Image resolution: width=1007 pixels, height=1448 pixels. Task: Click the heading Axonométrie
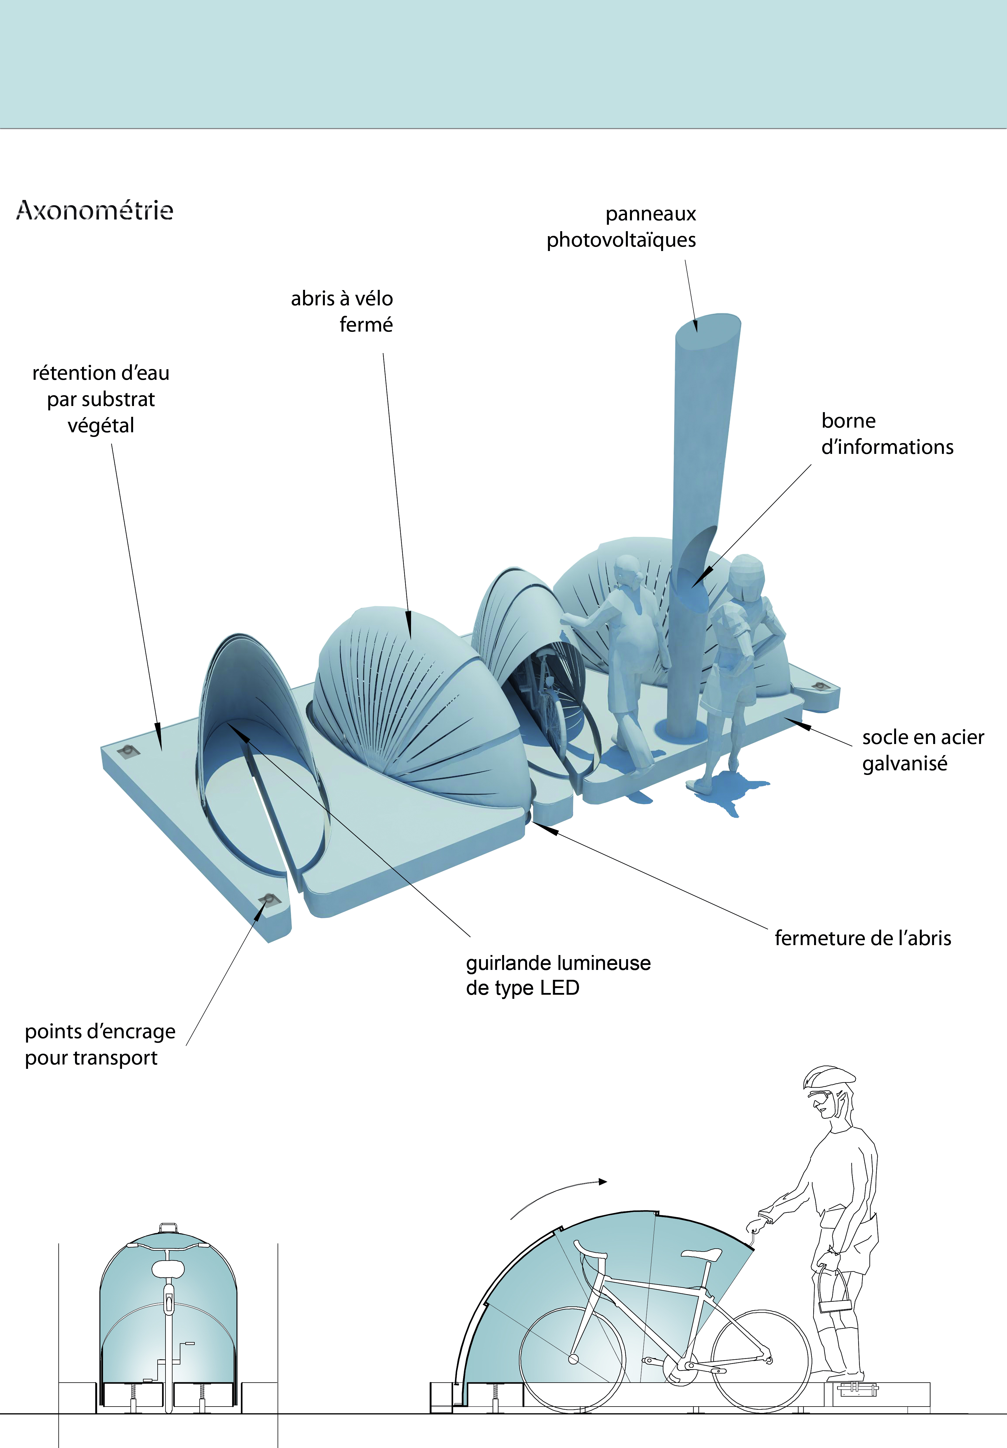(95, 210)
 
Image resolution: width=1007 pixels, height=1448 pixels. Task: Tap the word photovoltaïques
(621, 240)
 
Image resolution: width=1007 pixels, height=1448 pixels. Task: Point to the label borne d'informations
(886, 434)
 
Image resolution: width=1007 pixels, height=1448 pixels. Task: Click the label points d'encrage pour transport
(100, 1044)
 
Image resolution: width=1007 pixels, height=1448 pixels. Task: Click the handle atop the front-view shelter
(168, 1227)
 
